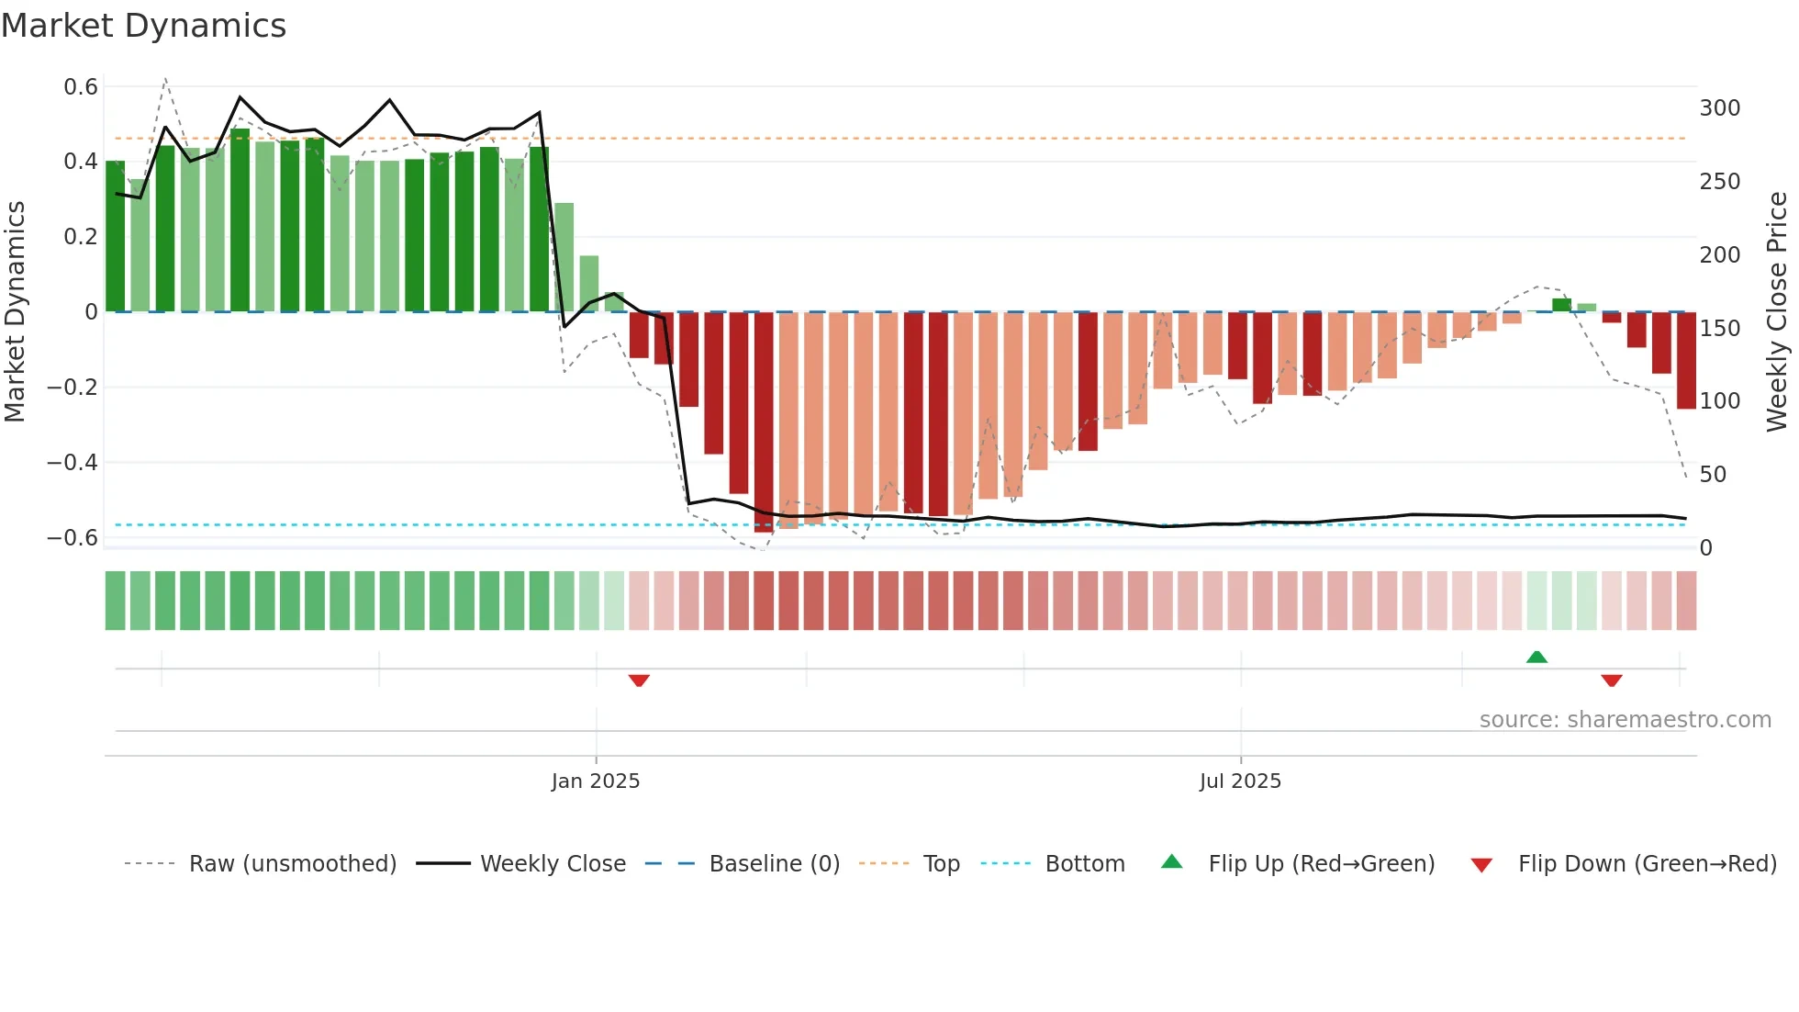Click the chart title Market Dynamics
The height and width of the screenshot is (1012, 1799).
pyautogui.click(x=144, y=26)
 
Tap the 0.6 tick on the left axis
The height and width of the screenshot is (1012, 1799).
pyautogui.click(x=81, y=87)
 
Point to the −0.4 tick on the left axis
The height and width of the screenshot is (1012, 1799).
pyautogui.click(x=73, y=463)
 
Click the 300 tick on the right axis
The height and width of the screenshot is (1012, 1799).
pyautogui.click(x=1719, y=108)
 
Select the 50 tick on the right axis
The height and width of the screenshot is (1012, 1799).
pyautogui.click(x=1713, y=475)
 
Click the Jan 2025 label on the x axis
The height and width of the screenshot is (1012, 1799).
pyautogui.click(x=596, y=781)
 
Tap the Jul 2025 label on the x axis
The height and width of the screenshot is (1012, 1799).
pyautogui.click(x=1240, y=781)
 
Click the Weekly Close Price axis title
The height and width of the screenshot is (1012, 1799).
pyautogui.click(x=1777, y=312)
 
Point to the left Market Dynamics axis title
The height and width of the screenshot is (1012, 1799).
pyautogui.click(x=15, y=312)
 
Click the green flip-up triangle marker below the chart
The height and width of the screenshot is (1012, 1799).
pyautogui.click(x=1536, y=657)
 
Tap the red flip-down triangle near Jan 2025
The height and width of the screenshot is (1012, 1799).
pyautogui.click(x=639, y=680)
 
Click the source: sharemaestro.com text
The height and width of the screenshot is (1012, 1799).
pyautogui.click(x=1625, y=720)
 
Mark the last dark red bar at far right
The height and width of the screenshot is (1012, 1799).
pyautogui.click(x=1686, y=360)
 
